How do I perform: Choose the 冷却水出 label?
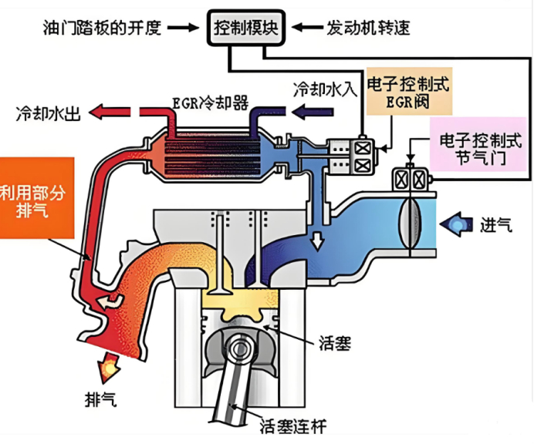(49, 113)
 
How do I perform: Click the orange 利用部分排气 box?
(36, 197)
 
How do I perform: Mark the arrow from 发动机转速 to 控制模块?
(307, 29)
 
